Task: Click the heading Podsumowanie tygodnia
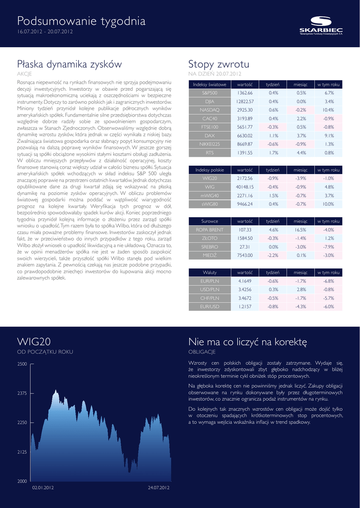pyautogui.click(x=81, y=21)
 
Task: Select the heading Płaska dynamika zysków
pyautogui.click(x=70, y=64)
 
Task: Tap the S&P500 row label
pyautogui.click(x=210, y=93)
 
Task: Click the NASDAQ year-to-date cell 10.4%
pyautogui.click(x=328, y=110)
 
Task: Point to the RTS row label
pyautogui.click(x=210, y=153)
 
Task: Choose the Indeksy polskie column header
pyautogui.click(x=210, y=170)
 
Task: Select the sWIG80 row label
pyautogui.click(x=210, y=204)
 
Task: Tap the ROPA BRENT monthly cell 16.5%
pyautogui.click(x=301, y=230)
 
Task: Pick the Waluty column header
pyautogui.click(x=210, y=272)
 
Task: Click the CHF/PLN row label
pyautogui.click(x=210, y=298)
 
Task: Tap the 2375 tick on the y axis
pyautogui.click(x=22, y=393)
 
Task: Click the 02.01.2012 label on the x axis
pyautogui.click(x=43, y=488)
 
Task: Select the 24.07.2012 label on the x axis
pyautogui.click(x=159, y=488)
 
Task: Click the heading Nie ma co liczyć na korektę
pyautogui.click(x=248, y=342)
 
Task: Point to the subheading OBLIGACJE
pyautogui.click(x=202, y=352)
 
